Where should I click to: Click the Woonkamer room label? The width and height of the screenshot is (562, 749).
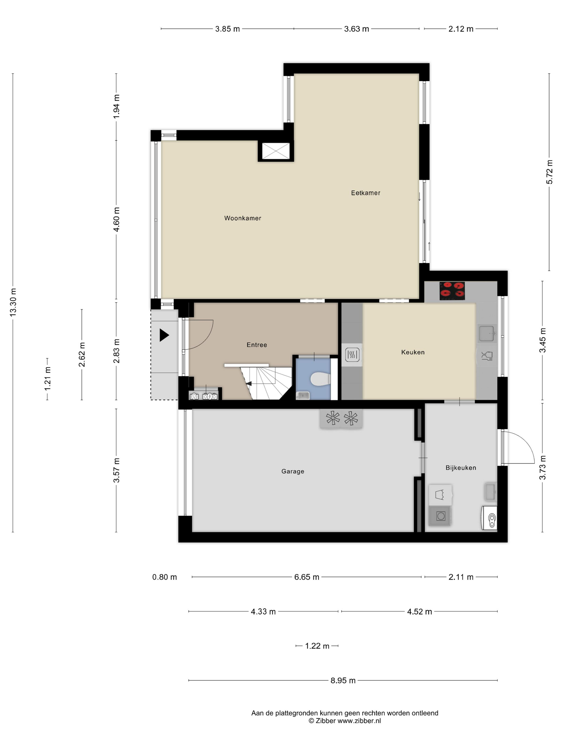242,218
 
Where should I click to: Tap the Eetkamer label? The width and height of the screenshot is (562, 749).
366,193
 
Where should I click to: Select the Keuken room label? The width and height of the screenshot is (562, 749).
413,352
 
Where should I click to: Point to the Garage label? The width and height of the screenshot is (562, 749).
293,471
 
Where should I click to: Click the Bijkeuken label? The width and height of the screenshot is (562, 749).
461,468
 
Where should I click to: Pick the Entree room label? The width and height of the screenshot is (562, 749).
257,345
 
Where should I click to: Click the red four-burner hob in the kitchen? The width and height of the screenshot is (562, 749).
452,291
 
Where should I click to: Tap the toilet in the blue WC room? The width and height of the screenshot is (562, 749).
320,379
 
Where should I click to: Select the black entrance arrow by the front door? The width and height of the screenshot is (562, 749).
164,335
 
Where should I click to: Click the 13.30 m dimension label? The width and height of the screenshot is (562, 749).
13,302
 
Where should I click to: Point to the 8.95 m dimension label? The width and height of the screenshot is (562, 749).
343,680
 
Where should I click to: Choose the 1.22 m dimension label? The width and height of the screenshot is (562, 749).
317,646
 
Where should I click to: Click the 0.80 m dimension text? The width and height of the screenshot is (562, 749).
164,577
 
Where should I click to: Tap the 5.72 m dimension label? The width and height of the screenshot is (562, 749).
549,172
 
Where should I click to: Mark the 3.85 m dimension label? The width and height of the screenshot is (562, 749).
227,29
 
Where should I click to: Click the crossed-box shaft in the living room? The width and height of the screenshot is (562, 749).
276,151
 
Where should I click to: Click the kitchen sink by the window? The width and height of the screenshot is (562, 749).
487,333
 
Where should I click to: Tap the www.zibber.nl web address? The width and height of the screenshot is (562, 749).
359,721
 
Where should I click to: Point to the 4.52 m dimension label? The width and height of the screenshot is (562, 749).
419,612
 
